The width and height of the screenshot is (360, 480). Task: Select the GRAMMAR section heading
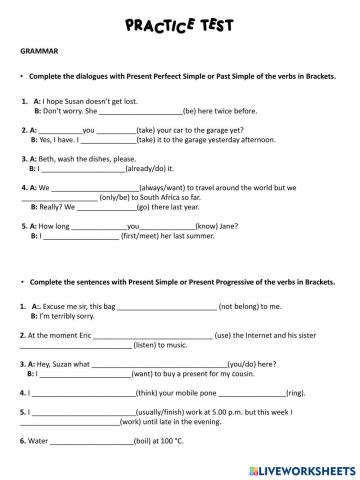point(38,49)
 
